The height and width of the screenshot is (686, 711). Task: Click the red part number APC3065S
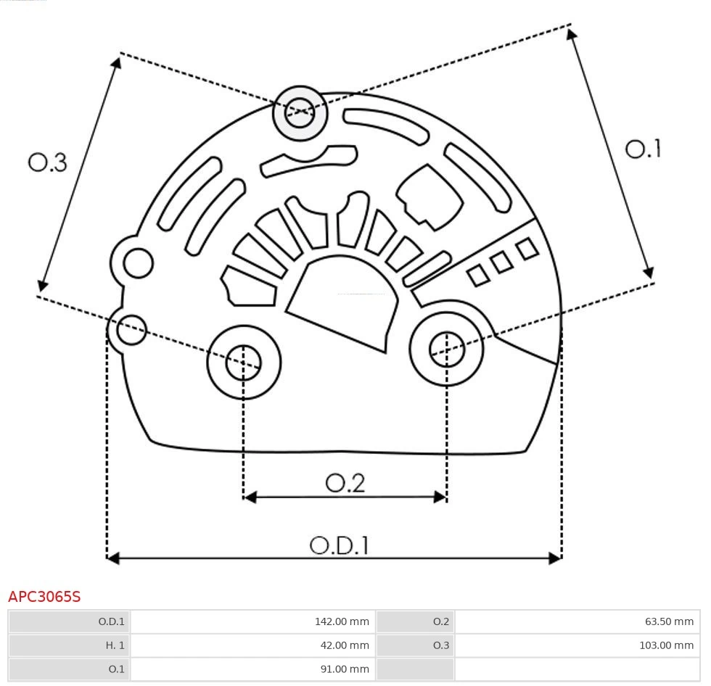[x=44, y=597]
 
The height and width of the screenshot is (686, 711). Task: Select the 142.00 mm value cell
[x=251, y=621]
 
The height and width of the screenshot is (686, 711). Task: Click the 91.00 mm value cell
[x=251, y=669]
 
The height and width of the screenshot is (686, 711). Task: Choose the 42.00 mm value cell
[x=251, y=645]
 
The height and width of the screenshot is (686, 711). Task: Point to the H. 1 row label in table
[x=69, y=645]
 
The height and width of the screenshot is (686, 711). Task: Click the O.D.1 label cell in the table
[x=69, y=621]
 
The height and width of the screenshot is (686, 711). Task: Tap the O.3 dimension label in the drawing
[x=48, y=162]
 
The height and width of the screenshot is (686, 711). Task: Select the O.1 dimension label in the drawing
[x=643, y=149]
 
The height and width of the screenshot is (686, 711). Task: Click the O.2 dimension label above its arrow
[x=345, y=483]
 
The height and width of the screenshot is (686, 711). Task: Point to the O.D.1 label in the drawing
[x=339, y=545]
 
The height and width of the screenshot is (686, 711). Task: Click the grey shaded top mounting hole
[x=300, y=112]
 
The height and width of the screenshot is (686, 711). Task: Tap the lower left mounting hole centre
[x=243, y=362]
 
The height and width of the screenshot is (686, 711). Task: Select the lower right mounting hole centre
[x=447, y=350]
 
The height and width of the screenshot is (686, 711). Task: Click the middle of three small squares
[x=501, y=262]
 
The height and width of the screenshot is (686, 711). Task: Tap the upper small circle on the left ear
[x=138, y=263]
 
